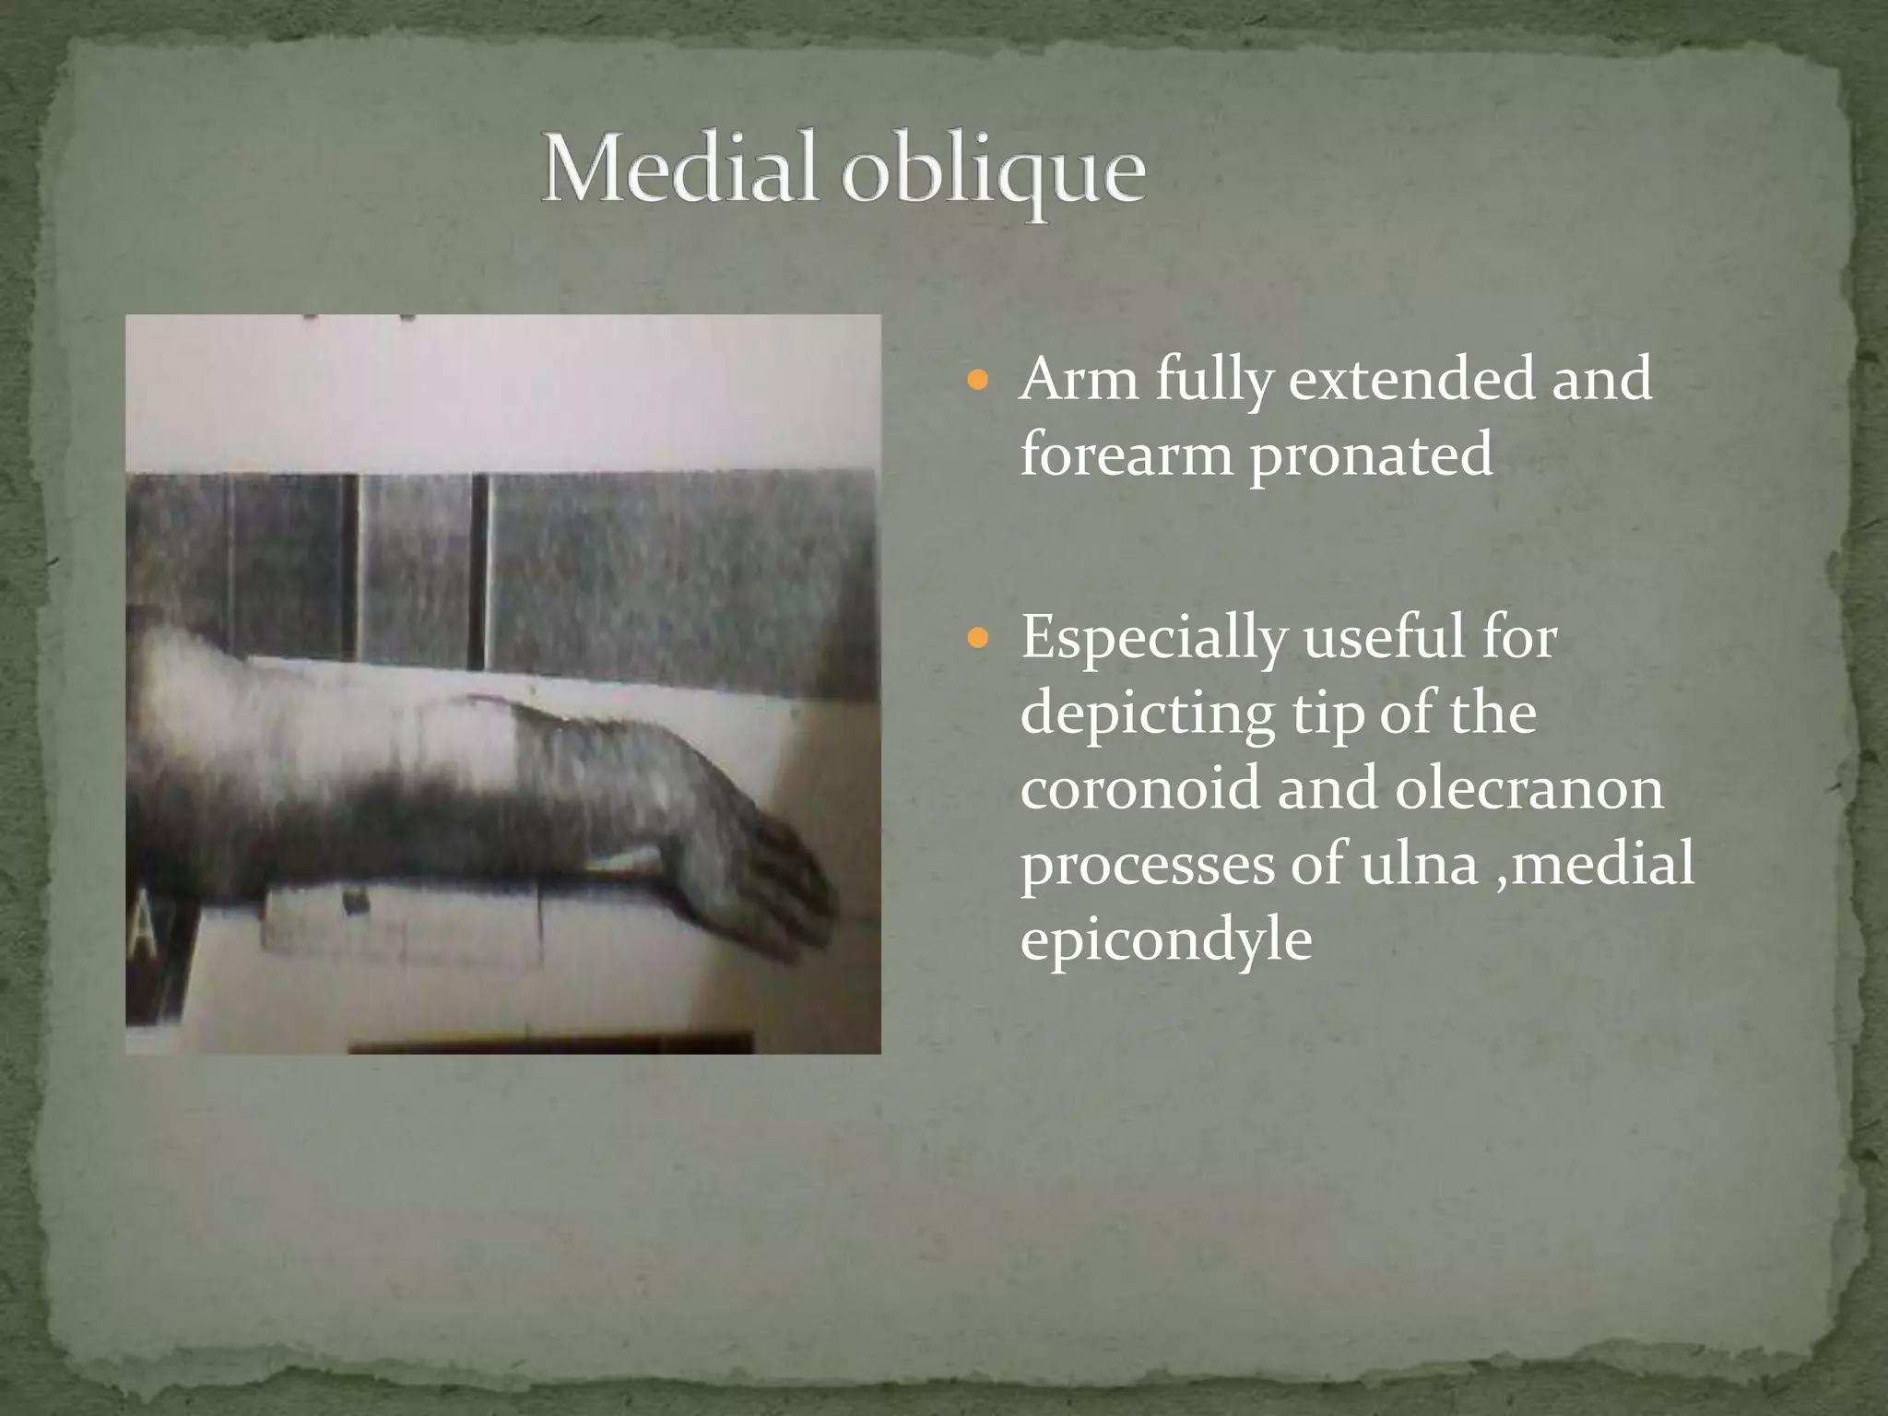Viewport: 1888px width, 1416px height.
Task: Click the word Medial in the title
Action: click(x=678, y=170)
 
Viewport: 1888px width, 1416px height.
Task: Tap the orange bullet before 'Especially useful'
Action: click(x=979, y=637)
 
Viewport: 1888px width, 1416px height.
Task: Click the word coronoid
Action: click(x=1141, y=789)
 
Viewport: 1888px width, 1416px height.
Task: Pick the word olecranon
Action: click(x=1528, y=789)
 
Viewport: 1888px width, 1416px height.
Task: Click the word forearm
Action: click(x=1125, y=455)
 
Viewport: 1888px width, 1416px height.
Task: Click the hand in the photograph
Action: click(x=747, y=830)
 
